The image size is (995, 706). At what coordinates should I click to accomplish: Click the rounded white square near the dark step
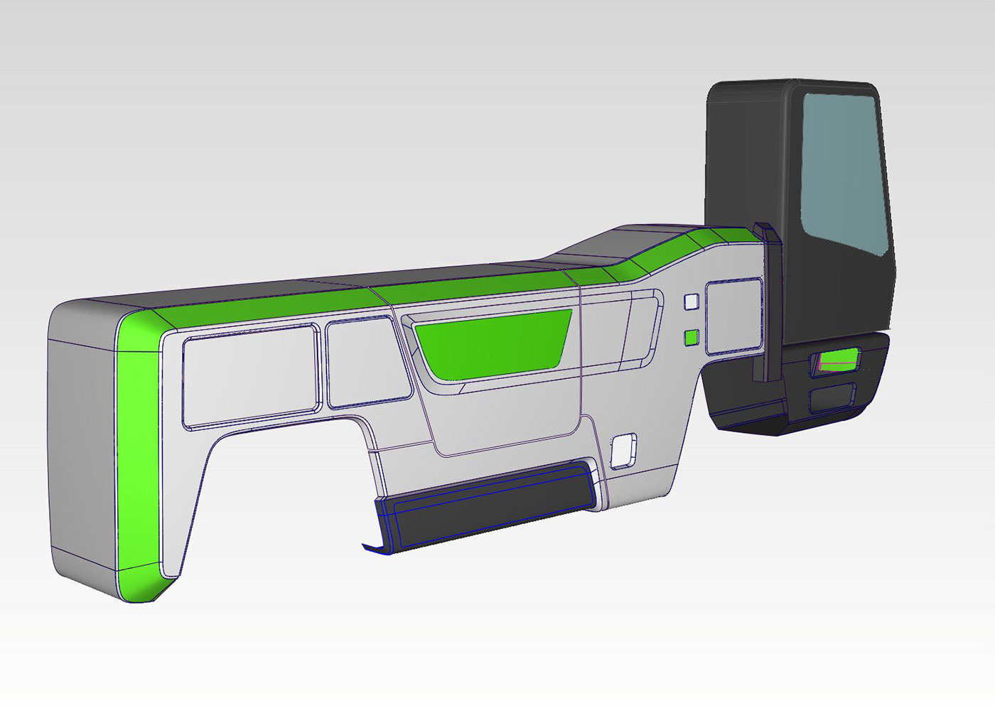click(624, 449)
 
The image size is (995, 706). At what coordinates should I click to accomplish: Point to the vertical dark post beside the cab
click(768, 306)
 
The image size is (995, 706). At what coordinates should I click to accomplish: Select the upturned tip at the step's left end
click(372, 548)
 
